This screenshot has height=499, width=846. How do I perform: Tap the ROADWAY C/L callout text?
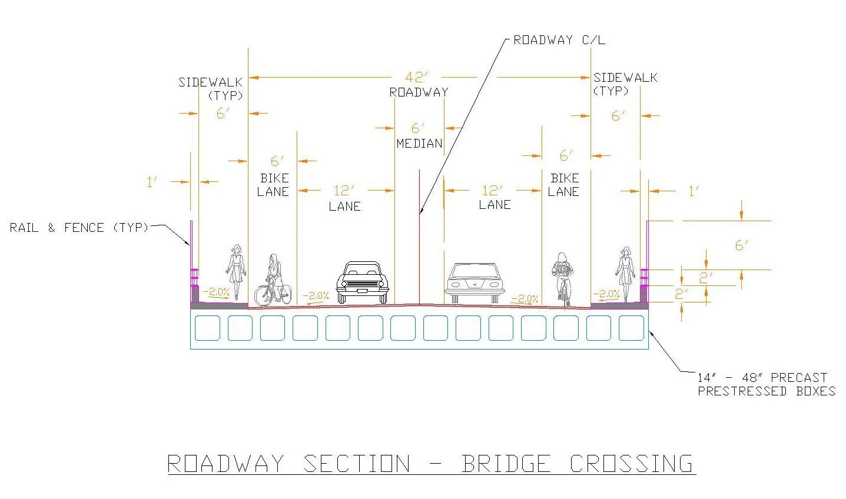pyautogui.click(x=559, y=40)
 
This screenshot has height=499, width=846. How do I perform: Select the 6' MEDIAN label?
pyautogui.click(x=419, y=136)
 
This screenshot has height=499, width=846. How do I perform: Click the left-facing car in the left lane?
pyautogui.click(x=363, y=282)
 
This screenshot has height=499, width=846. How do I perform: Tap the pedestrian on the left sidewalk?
pyautogui.click(x=237, y=271)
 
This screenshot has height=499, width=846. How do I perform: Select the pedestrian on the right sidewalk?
pyautogui.click(x=625, y=271)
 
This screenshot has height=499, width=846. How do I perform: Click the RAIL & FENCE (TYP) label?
pyautogui.click(x=79, y=227)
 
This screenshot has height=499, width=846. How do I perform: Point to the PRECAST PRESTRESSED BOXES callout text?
pyautogui.click(x=765, y=384)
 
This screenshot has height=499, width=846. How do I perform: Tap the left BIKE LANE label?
pyautogui.click(x=274, y=184)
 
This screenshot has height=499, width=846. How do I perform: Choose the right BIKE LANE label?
pyautogui.click(x=564, y=184)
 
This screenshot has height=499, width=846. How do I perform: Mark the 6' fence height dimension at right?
pyautogui.click(x=741, y=245)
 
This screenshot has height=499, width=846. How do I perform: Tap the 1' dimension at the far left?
pyautogui.click(x=152, y=182)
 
